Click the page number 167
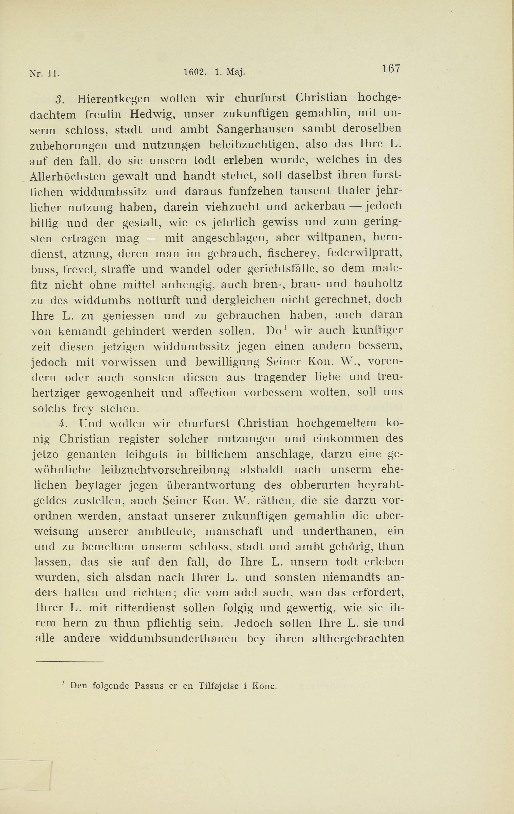click(391, 69)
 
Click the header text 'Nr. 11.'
click(45, 73)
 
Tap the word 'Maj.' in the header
click(236, 72)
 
